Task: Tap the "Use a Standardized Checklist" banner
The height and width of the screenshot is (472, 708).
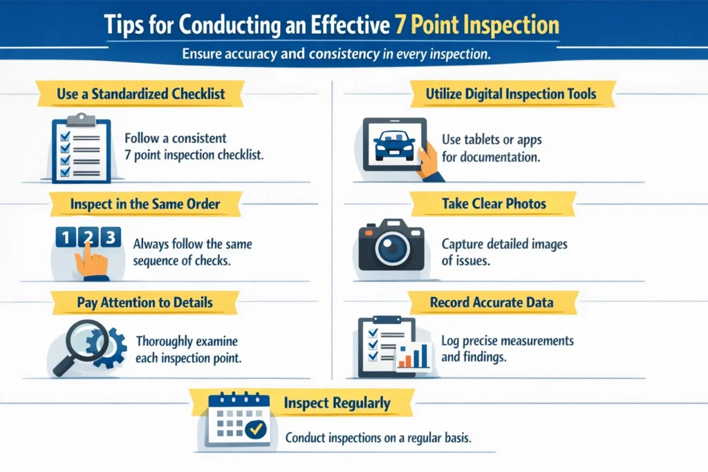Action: click(140, 94)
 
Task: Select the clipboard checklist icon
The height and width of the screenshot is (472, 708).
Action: click(81, 149)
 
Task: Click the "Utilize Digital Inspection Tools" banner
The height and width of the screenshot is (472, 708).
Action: click(511, 94)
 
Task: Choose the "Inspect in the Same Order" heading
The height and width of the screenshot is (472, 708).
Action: click(145, 205)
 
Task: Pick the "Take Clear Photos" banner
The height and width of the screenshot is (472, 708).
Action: click(494, 204)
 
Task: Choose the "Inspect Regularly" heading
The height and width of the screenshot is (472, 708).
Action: click(337, 402)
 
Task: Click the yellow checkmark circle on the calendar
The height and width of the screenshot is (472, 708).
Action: click(257, 429)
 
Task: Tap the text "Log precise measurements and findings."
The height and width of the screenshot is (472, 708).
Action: click(507, 350)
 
